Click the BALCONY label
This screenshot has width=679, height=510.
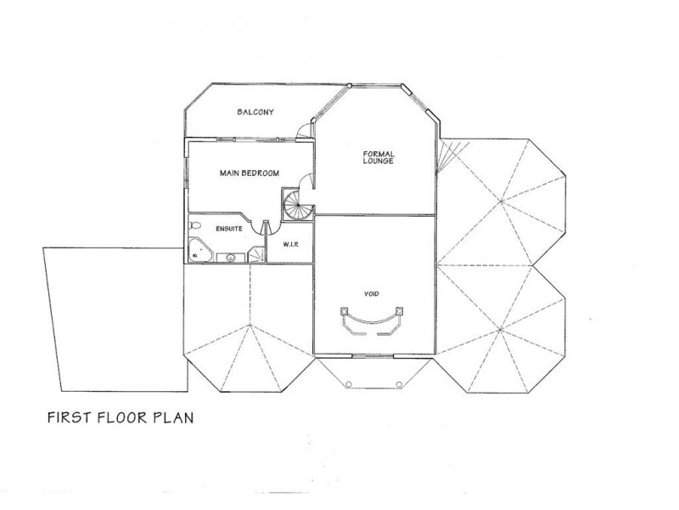tap(255, 112)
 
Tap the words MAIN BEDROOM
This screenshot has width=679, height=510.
tap(250, 173)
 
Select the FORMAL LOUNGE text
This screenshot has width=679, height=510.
tap(379, 157)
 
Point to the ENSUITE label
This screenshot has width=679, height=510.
tap(229, 229)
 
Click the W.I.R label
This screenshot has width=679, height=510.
tap(290, 244)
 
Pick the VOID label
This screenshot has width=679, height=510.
tap(372, 293)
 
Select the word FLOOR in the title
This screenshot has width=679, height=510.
tap(122, 417)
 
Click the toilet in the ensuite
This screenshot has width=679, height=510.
tap(195, 225)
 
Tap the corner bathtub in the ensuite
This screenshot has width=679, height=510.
tap(200, 250)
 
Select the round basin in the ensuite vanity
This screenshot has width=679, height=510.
tap(231, 258)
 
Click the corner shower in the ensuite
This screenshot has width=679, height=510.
tap(257, 254)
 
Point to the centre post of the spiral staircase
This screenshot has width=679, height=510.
tap(298, 205)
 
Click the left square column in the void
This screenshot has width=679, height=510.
tap(345, 310)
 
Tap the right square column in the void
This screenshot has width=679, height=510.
tap(399, 310)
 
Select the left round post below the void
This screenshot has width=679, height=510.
tap(349, 384)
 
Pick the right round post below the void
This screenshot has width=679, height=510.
tap(399, 384)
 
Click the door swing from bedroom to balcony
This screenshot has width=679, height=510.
tap(304, 131)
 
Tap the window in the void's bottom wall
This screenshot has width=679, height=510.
tap(373, 356)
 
